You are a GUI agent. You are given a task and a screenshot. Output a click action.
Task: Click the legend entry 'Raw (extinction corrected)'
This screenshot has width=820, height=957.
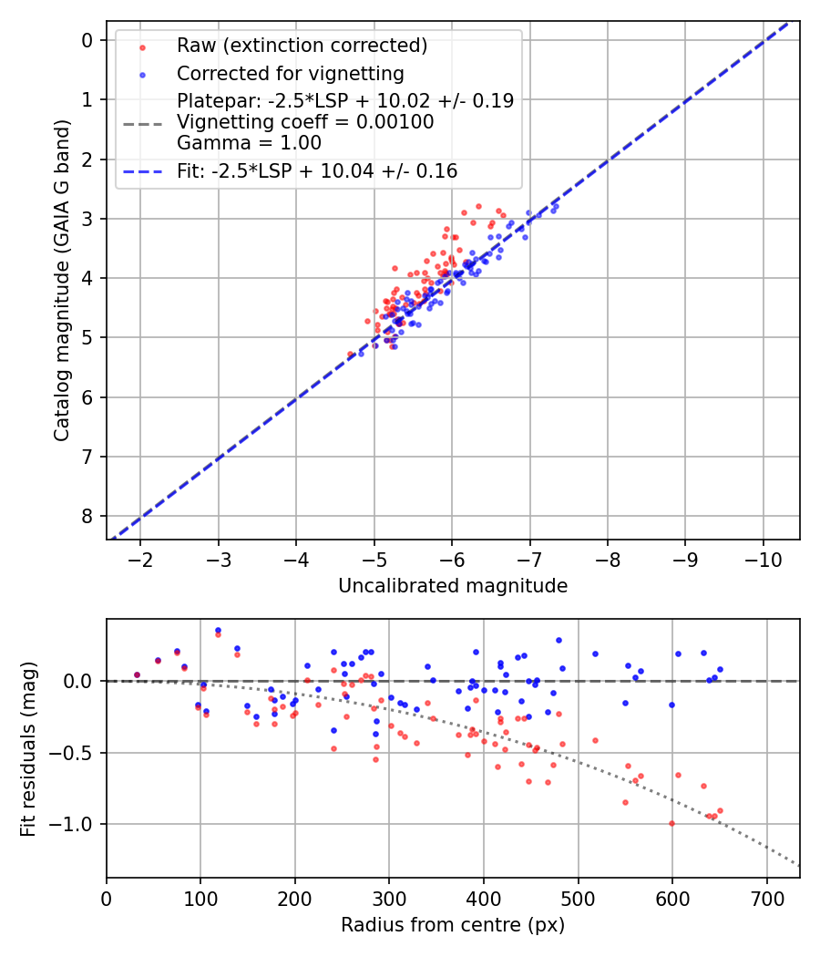coord(302,46)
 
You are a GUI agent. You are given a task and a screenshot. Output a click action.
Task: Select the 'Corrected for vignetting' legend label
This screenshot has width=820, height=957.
coord(291,73)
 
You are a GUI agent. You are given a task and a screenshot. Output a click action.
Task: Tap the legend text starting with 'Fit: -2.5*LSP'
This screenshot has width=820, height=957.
coord(317,170)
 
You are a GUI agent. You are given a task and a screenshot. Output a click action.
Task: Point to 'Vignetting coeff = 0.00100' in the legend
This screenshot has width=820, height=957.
coord(305,121)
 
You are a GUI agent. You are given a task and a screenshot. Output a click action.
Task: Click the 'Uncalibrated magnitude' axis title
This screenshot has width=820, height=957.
coord(453,586)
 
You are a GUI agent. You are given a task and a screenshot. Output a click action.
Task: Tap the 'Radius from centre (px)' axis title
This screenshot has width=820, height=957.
coord(453,925)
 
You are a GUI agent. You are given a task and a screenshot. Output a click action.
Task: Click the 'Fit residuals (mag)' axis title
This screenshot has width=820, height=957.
coord(28,748)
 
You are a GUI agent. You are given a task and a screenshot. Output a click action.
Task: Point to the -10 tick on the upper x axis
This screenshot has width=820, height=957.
coord(762,559)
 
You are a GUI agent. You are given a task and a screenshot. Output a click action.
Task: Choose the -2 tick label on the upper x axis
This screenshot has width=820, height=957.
coord(139,559)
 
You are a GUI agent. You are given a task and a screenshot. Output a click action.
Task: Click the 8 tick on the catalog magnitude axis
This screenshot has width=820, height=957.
coord(87,516)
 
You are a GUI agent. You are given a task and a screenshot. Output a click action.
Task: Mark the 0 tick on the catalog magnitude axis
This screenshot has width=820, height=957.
coord(87,40)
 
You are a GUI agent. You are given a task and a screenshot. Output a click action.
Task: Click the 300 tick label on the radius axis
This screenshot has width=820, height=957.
coord(389,897)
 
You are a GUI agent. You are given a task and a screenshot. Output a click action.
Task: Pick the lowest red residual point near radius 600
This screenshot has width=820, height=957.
coord(671,823)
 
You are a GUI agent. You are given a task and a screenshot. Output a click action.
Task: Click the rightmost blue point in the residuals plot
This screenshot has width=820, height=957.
coord(720,669)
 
